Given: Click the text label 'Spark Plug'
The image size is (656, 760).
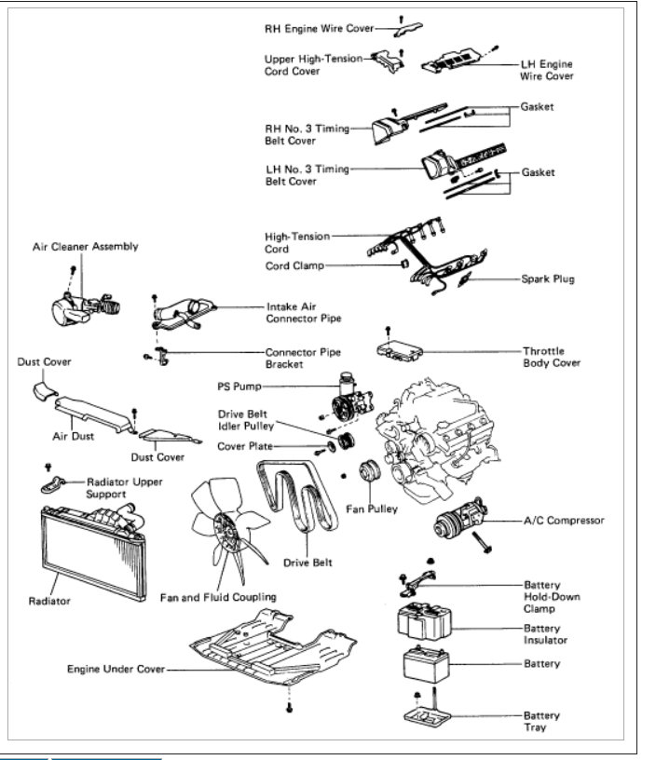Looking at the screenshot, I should pyautogui.click(x=549, y=278).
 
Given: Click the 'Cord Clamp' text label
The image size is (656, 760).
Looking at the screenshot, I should pyautogui.click(x=294, y=265).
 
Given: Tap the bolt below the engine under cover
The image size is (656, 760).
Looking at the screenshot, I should pyautogui.click(x=290, y=710).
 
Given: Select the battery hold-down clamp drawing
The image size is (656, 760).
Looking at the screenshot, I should pyautogui.click(x=416, y=583).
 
